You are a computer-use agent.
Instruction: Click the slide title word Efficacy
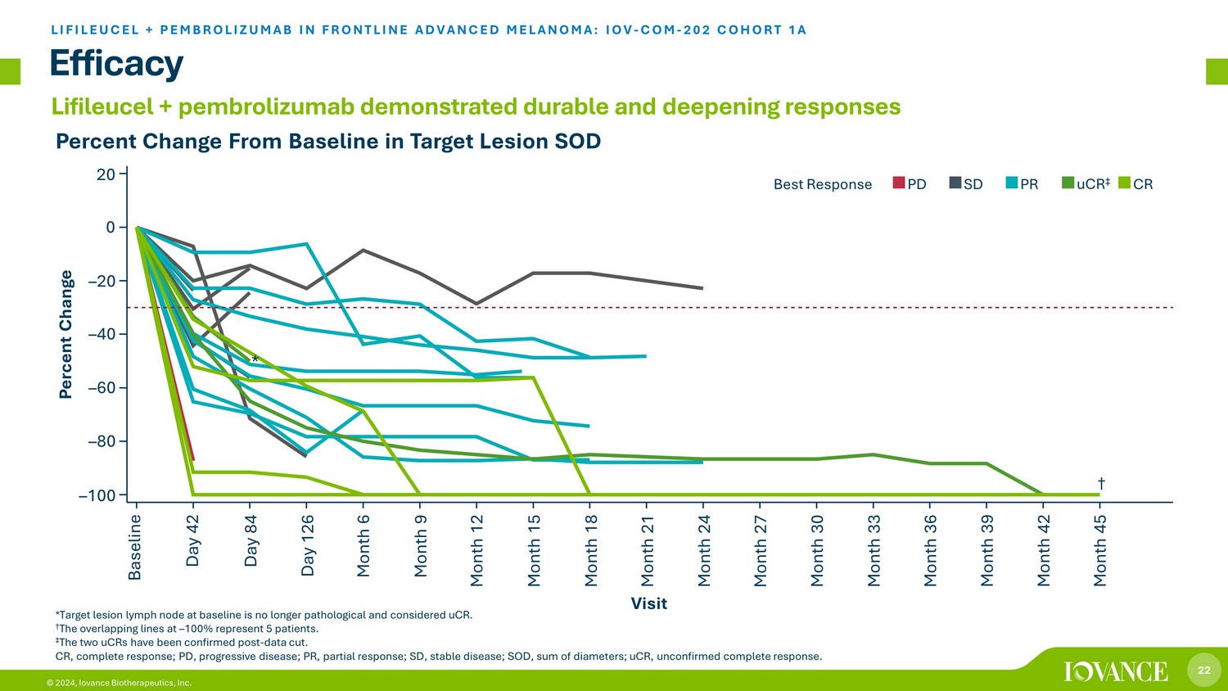coord(116,63)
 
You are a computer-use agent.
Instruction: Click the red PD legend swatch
coord(898,183)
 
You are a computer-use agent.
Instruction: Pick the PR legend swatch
coord(1012,183)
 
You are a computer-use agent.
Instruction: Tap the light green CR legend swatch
coord(1124,183)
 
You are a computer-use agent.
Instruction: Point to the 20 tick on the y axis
coord(106,174)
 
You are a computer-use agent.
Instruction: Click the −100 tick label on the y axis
coord(97,495)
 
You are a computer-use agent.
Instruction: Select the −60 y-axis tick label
coord(101,388)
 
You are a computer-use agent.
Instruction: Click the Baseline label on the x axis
coord(136,547)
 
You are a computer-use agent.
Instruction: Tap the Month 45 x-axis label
coord(1100,550)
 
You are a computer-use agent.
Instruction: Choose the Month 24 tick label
coord(704,550)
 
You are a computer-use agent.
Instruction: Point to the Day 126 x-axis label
coord(308,545)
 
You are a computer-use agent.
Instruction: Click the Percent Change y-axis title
coord(66,334)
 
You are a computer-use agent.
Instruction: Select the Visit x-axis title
coord(648,603)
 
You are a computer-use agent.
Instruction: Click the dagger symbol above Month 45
coord(1101,484)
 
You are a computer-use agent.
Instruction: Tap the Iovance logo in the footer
coord(1116,671)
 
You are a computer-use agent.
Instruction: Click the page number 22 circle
coord(1203,671)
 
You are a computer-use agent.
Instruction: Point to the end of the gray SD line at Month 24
coord(702,288)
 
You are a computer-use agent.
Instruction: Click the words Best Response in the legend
coord(822,184)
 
